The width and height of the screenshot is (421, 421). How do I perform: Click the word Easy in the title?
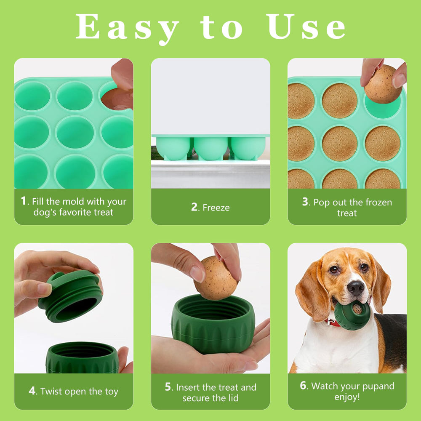pyautogui.click(x=127, y=28)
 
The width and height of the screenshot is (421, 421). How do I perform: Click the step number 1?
pyautogui.click(x=24, y=201)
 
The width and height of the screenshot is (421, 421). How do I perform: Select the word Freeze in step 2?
pyautogui.click(x=216, y=208)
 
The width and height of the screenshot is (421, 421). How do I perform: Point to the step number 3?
pyautogui.click(x=305, y=202)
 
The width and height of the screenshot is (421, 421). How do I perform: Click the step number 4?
pyautogui.click(x=32, y=391)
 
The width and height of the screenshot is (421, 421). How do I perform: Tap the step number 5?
pyautogui.click(x=168, y=387)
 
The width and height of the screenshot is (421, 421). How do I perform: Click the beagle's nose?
pyautogui.click(x=356, y=288)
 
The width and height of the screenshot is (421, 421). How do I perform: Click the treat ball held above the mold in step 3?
pyautogui.click(x=382, y=84)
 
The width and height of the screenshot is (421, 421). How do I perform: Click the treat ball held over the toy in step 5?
pyautogui.click(x=216, y=278)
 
